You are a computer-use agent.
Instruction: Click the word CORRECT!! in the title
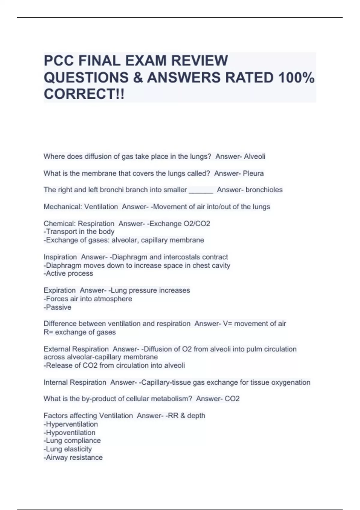click(x=84, y=94)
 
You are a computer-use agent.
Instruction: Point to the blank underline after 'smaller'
click(x=201, y=191)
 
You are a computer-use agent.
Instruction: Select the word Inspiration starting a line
click(x=60, y=257)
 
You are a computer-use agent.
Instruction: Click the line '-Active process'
click(x=68, y=274)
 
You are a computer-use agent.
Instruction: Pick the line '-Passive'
click(x=58, y=307)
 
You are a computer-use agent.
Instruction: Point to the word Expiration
click(x=60, y=290)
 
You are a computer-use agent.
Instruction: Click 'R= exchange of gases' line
click(x=79, y=332)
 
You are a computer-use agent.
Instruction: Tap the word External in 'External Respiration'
click(x=57, y=349)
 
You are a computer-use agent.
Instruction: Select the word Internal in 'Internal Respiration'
click(x=55, y=382)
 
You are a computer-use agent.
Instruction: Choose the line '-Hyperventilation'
click(x=71, y=424)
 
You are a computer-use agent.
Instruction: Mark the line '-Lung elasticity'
click(x=68, y=449)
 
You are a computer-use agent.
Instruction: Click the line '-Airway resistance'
click(x=73, y=457)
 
